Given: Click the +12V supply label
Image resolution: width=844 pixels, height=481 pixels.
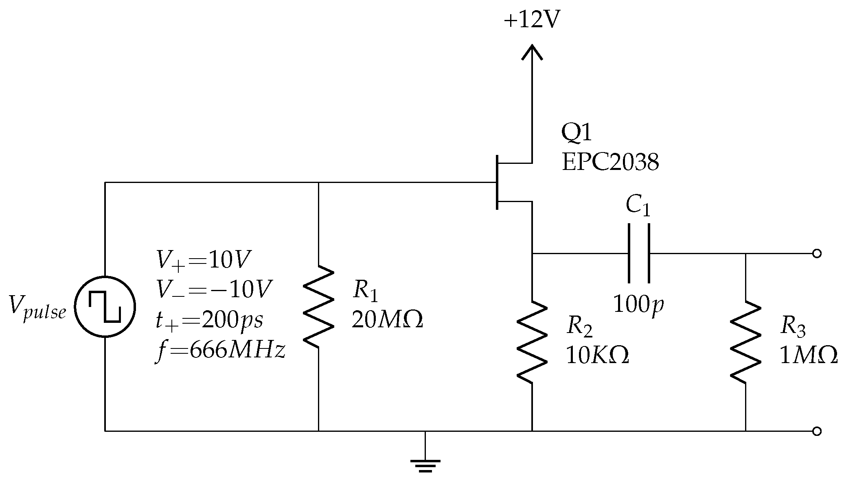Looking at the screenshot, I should point(532,20).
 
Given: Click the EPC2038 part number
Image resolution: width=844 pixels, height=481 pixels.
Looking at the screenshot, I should point(610,163).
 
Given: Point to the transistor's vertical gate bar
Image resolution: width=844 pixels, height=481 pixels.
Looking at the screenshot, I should point(497,182).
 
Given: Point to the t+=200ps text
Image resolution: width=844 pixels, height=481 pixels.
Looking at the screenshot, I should point(209,320).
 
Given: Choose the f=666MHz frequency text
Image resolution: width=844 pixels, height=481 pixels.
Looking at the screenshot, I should point(220,350).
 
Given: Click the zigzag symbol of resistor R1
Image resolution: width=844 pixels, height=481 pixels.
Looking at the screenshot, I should point(318,307).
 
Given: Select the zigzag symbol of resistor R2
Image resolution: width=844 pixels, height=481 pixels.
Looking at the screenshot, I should point(532,342).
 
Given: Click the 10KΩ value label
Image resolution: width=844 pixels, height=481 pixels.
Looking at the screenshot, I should point(597,356).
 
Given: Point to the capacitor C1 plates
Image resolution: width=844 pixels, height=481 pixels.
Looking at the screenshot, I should point(639,253).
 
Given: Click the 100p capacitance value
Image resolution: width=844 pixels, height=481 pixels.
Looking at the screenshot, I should point(638,305).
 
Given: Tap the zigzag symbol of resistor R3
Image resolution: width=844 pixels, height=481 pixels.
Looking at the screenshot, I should point(745,342).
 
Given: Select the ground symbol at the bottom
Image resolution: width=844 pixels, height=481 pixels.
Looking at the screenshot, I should point(425,465).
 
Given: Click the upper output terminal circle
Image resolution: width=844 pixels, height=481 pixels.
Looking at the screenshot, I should point(816,254).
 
